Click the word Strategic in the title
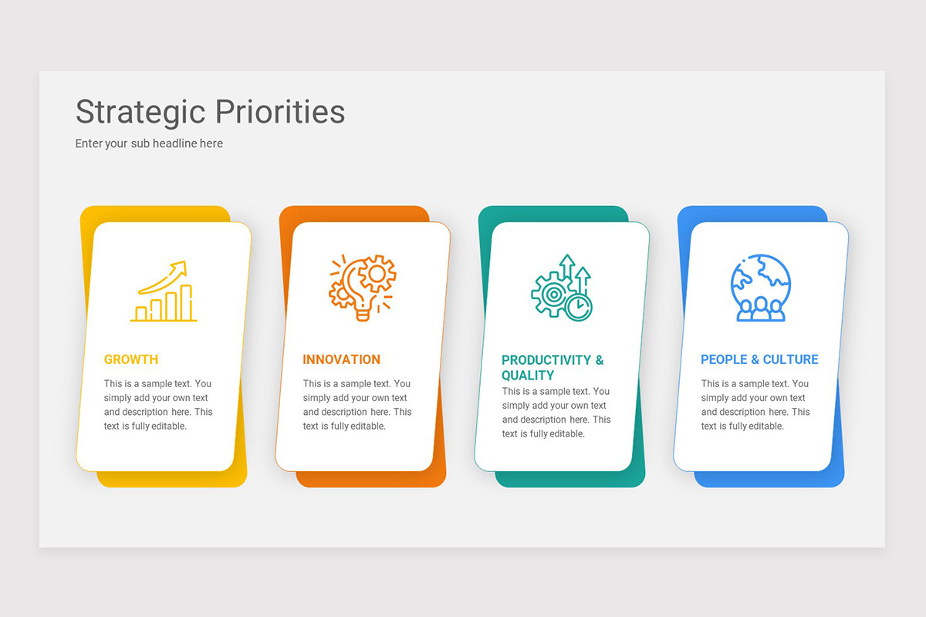(x=139, y=112)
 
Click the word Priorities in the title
(x=279, y=112)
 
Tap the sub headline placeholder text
(x=149, y=143)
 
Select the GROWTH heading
(x=131, y=359)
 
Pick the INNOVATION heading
(x=341, y=359)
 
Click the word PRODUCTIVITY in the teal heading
(x=546, y=360)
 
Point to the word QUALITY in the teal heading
(x=528, y=376)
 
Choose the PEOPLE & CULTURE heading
(x=759, y=359)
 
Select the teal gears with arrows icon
(x=562, y=288)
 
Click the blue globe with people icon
(x=761, y=288)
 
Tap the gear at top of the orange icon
(x=379, y=272)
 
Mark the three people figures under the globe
(x=761, y=308)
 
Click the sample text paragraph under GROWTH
(x=158, y=405)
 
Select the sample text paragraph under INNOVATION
(x=357, y=405)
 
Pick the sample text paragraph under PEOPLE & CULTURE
(x=755, y=405)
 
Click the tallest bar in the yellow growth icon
(x=186, y=302)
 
